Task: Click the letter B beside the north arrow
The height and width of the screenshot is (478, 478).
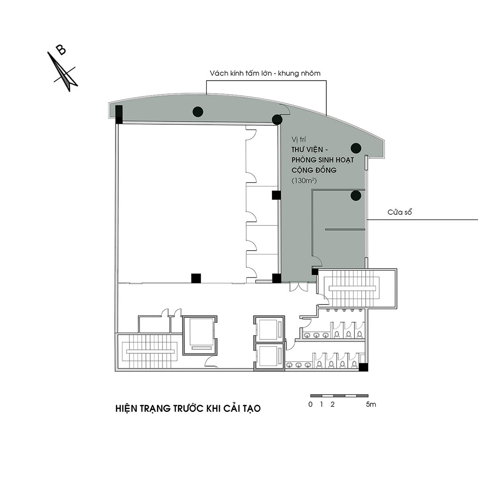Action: (x=61, y=50)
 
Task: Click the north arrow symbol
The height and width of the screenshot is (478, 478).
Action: (x=63, y=72)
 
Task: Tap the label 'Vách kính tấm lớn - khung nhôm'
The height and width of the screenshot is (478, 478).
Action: (x=265, y=73)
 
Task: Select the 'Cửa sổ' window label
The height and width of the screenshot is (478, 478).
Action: (x=400, y=212)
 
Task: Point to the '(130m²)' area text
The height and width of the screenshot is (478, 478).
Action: (x=304, y=180)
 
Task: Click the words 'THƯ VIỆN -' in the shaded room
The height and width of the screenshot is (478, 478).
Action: (x=310, y=150)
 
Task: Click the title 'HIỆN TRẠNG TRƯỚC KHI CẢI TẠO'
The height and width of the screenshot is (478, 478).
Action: (x=188, y=409)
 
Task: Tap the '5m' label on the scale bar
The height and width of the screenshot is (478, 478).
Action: (x=371, y=404)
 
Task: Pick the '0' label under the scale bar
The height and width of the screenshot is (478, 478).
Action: (x=310, y=404)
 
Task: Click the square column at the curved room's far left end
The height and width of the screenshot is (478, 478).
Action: (x=119, y=114)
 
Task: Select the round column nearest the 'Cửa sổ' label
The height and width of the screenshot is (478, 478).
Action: (x=356, y=196)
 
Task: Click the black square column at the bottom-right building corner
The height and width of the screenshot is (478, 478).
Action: (x=363, y=367)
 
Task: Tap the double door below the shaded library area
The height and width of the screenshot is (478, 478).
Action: (x=299, y=287)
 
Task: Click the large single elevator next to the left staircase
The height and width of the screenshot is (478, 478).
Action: (x=200, y=335)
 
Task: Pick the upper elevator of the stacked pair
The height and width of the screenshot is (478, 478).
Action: (x=269, y=329)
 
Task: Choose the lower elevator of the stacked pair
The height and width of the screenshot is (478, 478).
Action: (x=269, y=357)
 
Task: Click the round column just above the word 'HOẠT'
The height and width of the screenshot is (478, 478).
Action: (x=356, y=148)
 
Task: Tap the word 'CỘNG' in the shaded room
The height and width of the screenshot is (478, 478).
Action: (x=302, y=170)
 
